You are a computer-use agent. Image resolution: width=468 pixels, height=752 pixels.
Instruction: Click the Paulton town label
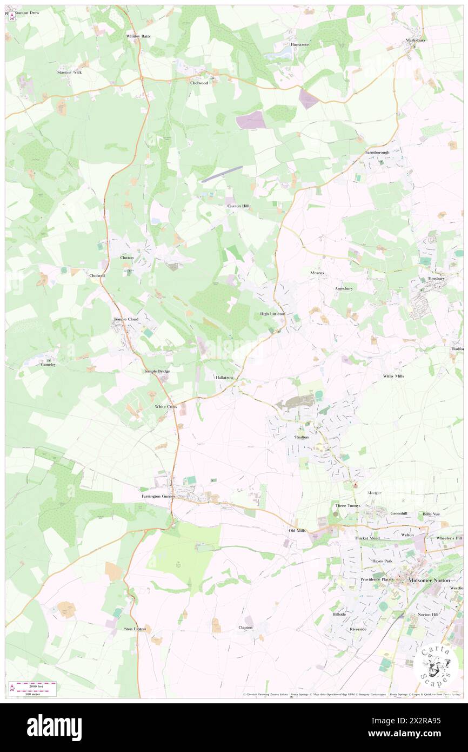click(301, 437)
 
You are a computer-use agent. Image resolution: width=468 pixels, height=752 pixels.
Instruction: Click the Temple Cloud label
click(126, 319)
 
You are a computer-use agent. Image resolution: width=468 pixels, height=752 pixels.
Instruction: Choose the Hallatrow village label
click(224, 377)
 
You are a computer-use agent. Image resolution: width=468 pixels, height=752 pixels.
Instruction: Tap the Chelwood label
click(199, 83)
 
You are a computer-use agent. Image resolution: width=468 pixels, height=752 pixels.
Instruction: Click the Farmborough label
click(377, 153)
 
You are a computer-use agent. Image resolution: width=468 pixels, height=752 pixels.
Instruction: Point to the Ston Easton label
click(135, 629)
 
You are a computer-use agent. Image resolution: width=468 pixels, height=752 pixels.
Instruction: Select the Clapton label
click(245, 628)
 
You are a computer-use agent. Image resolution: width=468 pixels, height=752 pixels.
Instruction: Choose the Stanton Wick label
click(70, 72)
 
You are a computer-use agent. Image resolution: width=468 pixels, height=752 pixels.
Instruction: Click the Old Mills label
click(297, 531)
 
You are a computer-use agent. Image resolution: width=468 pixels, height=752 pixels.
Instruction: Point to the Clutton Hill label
click(238, 206)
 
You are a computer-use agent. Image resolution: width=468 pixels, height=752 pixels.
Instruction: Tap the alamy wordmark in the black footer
click(55, 728)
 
